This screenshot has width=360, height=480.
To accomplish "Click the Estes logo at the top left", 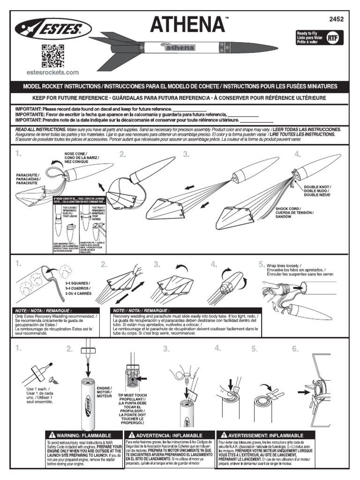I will (48, 30).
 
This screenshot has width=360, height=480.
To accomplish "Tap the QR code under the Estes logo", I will (52, 55).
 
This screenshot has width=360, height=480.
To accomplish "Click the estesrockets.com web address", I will (52, 73).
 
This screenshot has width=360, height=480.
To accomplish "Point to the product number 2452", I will (337, 19).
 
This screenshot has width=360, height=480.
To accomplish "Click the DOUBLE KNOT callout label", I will (317, 191).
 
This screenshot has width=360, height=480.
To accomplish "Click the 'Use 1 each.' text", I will (38, 389).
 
